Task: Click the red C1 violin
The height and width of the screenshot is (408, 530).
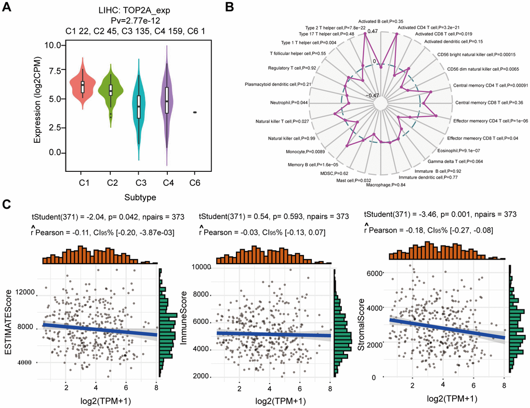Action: coord(82,86)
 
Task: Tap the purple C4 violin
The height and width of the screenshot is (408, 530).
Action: coord(166,99)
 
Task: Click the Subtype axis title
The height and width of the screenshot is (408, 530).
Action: coord(138,198)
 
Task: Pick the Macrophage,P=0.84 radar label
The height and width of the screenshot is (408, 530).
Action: coord(387,184)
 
